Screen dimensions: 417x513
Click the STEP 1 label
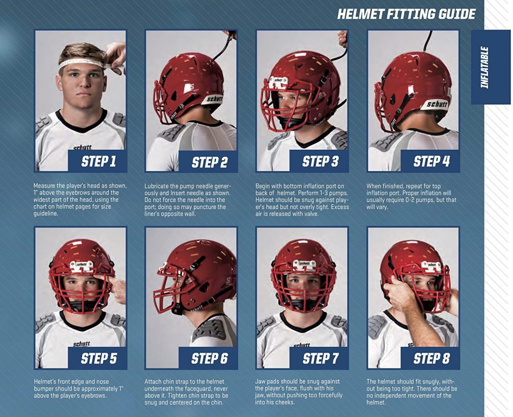point(98,161)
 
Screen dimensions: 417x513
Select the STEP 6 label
point(209,358)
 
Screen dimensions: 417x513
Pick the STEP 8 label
point(431,358)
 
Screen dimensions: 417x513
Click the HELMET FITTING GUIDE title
point(406,14)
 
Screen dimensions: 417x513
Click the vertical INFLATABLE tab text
point(484,67)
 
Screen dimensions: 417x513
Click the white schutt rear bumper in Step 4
point(434,104)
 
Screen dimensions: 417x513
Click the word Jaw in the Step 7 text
point(261,382)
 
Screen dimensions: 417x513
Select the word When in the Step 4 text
point(375,186)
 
